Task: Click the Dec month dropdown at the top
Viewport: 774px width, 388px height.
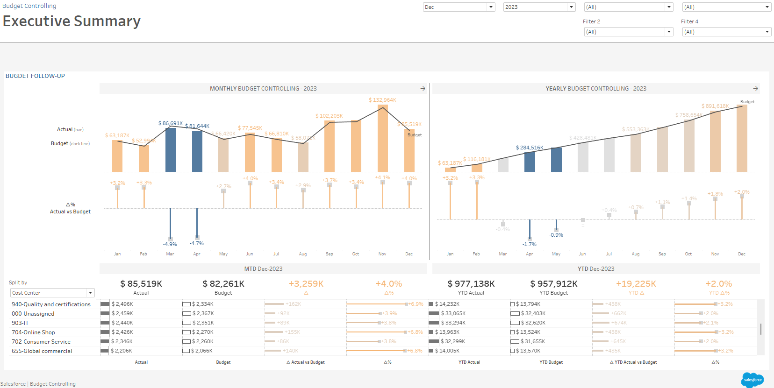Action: click(459, 7)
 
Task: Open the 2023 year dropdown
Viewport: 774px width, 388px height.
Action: click(539, 7)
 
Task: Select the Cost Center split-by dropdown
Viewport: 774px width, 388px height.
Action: click(52, 293)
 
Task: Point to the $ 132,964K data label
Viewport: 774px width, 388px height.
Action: click(382, 100)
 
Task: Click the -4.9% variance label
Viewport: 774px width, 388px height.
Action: click(170, 244)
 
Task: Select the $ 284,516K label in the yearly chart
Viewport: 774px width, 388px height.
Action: click(530, 148)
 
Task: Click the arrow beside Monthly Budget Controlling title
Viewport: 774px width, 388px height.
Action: click(423, 88)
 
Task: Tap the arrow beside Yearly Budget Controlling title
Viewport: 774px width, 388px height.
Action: click(755, 88)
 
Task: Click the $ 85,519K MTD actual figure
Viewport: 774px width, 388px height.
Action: click(141, 284)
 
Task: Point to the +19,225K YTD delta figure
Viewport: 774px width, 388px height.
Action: click(636, 284)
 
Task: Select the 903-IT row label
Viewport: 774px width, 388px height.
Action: click(20, 323)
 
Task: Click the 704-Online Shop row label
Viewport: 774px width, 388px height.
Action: click(33, 332)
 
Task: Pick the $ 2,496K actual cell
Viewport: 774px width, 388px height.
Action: click(122, 304)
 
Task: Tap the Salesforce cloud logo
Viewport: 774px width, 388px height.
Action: click(752, 380)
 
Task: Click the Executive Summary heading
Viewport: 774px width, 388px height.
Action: click(72, 21)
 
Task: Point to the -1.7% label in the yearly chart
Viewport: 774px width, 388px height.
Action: click(530, 244)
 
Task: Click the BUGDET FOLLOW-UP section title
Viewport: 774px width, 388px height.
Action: click(35, 76)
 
